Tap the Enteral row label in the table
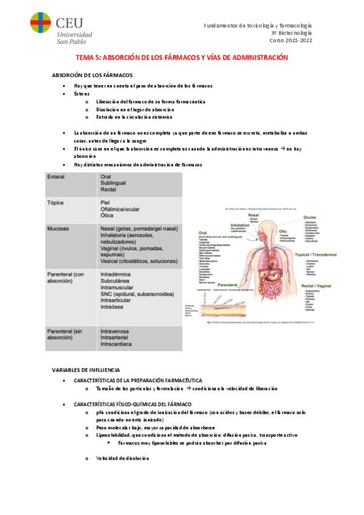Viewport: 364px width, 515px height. [57, 177]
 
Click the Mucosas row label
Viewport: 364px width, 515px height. [59, 229]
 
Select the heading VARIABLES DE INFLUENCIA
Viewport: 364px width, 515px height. [86, 369]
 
